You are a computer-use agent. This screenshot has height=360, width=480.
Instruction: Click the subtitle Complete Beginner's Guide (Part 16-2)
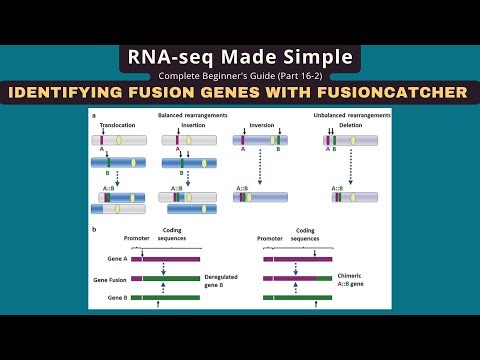[240, 76]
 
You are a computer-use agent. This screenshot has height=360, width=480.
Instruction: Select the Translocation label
[119, 127]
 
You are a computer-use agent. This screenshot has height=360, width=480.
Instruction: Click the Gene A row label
[118, 257]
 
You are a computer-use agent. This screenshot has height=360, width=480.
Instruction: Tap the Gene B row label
[118, 298]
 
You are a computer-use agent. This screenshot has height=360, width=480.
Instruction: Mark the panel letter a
[94, 117]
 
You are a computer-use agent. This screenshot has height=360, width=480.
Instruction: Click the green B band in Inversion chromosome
[276, 141]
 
